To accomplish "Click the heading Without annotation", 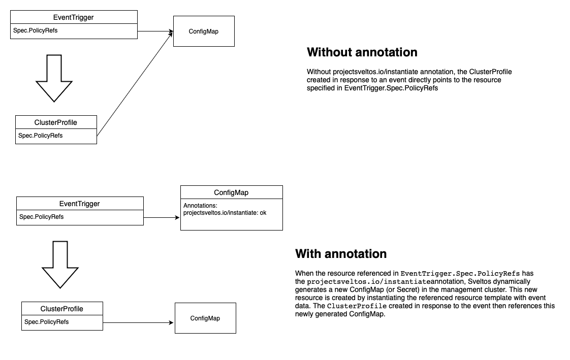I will pos(362,52).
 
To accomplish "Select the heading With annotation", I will pos(341,253).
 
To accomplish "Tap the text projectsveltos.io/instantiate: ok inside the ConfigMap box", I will pos(225,213).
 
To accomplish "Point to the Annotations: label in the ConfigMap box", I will pos(201,206).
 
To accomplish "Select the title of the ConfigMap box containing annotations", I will pos(231,192).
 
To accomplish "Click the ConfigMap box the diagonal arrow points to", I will pos(204,31).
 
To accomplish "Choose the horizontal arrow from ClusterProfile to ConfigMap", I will pos(139,322).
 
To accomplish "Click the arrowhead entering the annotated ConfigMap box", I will pos(177,218).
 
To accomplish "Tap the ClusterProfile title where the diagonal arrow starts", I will pos(56,122).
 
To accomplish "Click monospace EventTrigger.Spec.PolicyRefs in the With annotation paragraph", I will pos(460,273).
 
